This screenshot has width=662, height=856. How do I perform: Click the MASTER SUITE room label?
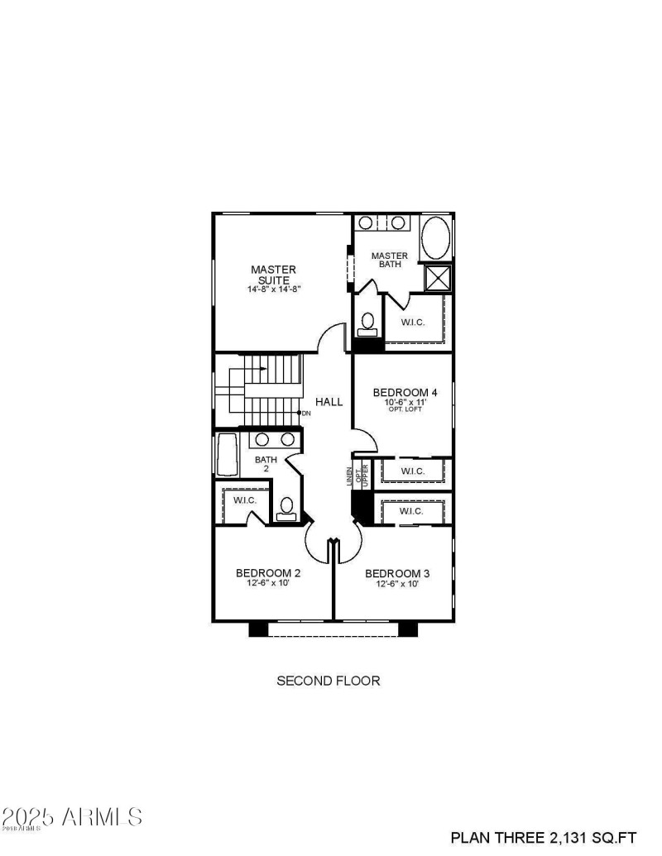tap(273, 275)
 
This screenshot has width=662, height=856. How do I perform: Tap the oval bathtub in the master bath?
tap(436, 238)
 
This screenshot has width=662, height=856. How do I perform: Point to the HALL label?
tap(329, 402)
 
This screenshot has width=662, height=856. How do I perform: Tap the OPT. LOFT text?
tap(403, 409)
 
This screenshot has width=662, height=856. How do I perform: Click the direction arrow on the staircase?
tap(259, 369)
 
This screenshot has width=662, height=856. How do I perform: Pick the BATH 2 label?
tap(266, 464)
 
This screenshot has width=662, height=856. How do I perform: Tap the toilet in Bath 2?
tap(287, 508)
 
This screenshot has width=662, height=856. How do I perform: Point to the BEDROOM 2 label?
tap(268, 573)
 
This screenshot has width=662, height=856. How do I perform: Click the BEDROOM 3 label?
tap(397, 573)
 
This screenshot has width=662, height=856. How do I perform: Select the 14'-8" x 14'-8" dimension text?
tap(273, 289)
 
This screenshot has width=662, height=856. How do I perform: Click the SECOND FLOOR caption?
tap(328, 681)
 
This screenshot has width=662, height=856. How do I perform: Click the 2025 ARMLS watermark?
tap(72, 817)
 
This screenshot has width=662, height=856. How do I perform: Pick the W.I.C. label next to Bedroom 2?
tap(244, 500)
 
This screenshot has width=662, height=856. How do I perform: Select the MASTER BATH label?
tap(390, 260)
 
